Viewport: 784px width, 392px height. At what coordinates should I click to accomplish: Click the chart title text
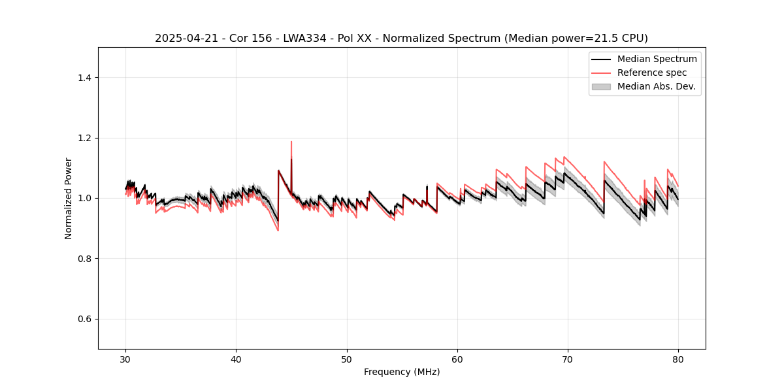(x=401, y=39)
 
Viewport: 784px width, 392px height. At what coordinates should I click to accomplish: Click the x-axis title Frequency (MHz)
(x=401, y=372)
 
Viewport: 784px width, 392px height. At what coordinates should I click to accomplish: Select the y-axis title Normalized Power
(x=69, y=198)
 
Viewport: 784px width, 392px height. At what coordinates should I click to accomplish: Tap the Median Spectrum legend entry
(x=657, y=59)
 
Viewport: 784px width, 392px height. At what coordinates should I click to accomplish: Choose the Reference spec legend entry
(x=651, y=73)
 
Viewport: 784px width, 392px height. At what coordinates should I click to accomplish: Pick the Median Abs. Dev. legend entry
(x=656, y=86)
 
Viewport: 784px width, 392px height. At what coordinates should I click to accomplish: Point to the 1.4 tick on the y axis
(x=84, y=78)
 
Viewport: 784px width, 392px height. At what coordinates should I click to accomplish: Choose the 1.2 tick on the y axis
(x=84, y=138)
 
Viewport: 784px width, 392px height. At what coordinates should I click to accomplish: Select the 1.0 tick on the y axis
(x=84, y=198)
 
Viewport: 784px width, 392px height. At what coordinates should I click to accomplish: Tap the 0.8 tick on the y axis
(x=84, y=259)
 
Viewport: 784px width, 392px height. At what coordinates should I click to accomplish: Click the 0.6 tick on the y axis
(x=84, y=319)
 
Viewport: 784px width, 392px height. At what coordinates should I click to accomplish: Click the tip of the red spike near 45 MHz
(x=291, y=142)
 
